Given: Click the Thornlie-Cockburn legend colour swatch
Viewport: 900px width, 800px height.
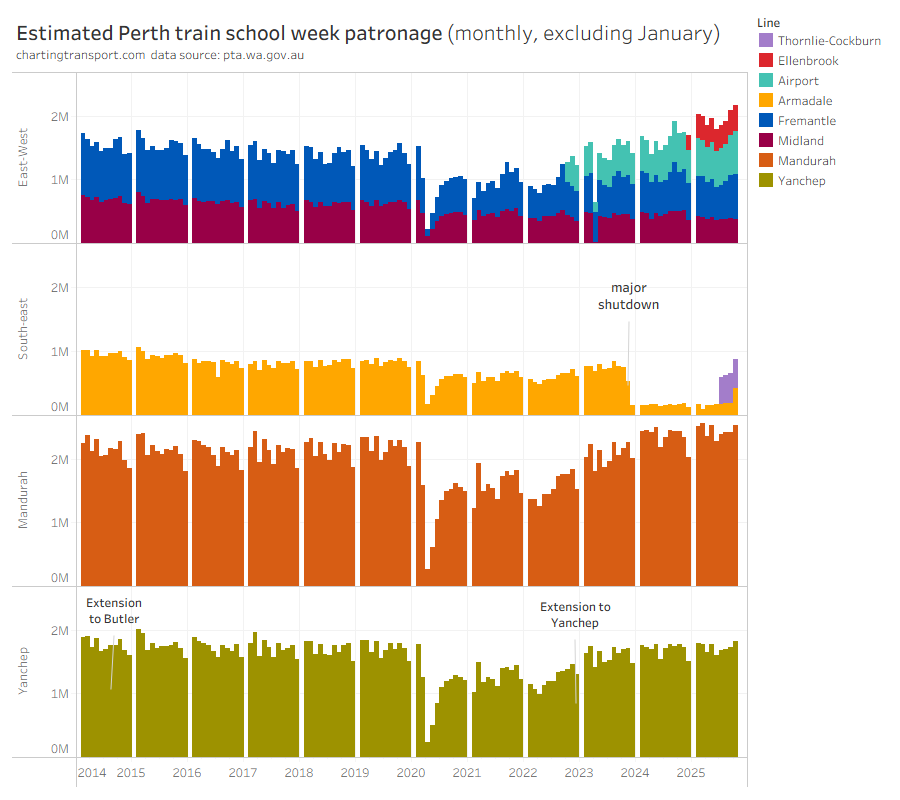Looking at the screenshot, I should [x=766, y=41].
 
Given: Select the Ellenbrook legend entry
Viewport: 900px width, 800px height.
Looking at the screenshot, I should [x=808, y=61].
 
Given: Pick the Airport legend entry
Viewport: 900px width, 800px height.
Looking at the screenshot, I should [x=798, y=81].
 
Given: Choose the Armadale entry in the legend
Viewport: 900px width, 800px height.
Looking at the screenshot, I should [x=805, y=101].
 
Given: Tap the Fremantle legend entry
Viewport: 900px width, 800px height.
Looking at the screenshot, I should [x=806, y=121].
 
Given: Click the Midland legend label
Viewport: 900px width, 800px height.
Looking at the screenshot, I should [x=801, y=141].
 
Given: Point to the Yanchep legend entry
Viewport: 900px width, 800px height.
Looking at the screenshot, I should [x=801, y=181].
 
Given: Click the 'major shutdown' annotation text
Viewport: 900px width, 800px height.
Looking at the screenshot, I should [x=629, y=296].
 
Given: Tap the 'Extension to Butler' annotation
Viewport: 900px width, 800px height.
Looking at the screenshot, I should [x=114, y=611].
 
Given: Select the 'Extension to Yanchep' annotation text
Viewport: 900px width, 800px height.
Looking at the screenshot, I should [x=575, y=615].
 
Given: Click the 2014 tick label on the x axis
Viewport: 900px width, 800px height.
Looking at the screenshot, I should [x=92, y=773].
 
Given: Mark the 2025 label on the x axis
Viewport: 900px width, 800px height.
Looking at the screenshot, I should [x=690, y=773].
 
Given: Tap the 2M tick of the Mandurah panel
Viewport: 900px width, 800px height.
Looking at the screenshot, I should [x=59, y=460].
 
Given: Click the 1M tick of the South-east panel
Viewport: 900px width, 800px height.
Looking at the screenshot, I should [x=59, y=352].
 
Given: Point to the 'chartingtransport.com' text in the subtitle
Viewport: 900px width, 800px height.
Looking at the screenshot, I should [x=80, y=54].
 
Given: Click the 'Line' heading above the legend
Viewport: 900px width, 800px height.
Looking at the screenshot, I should [x=769, y=22].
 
